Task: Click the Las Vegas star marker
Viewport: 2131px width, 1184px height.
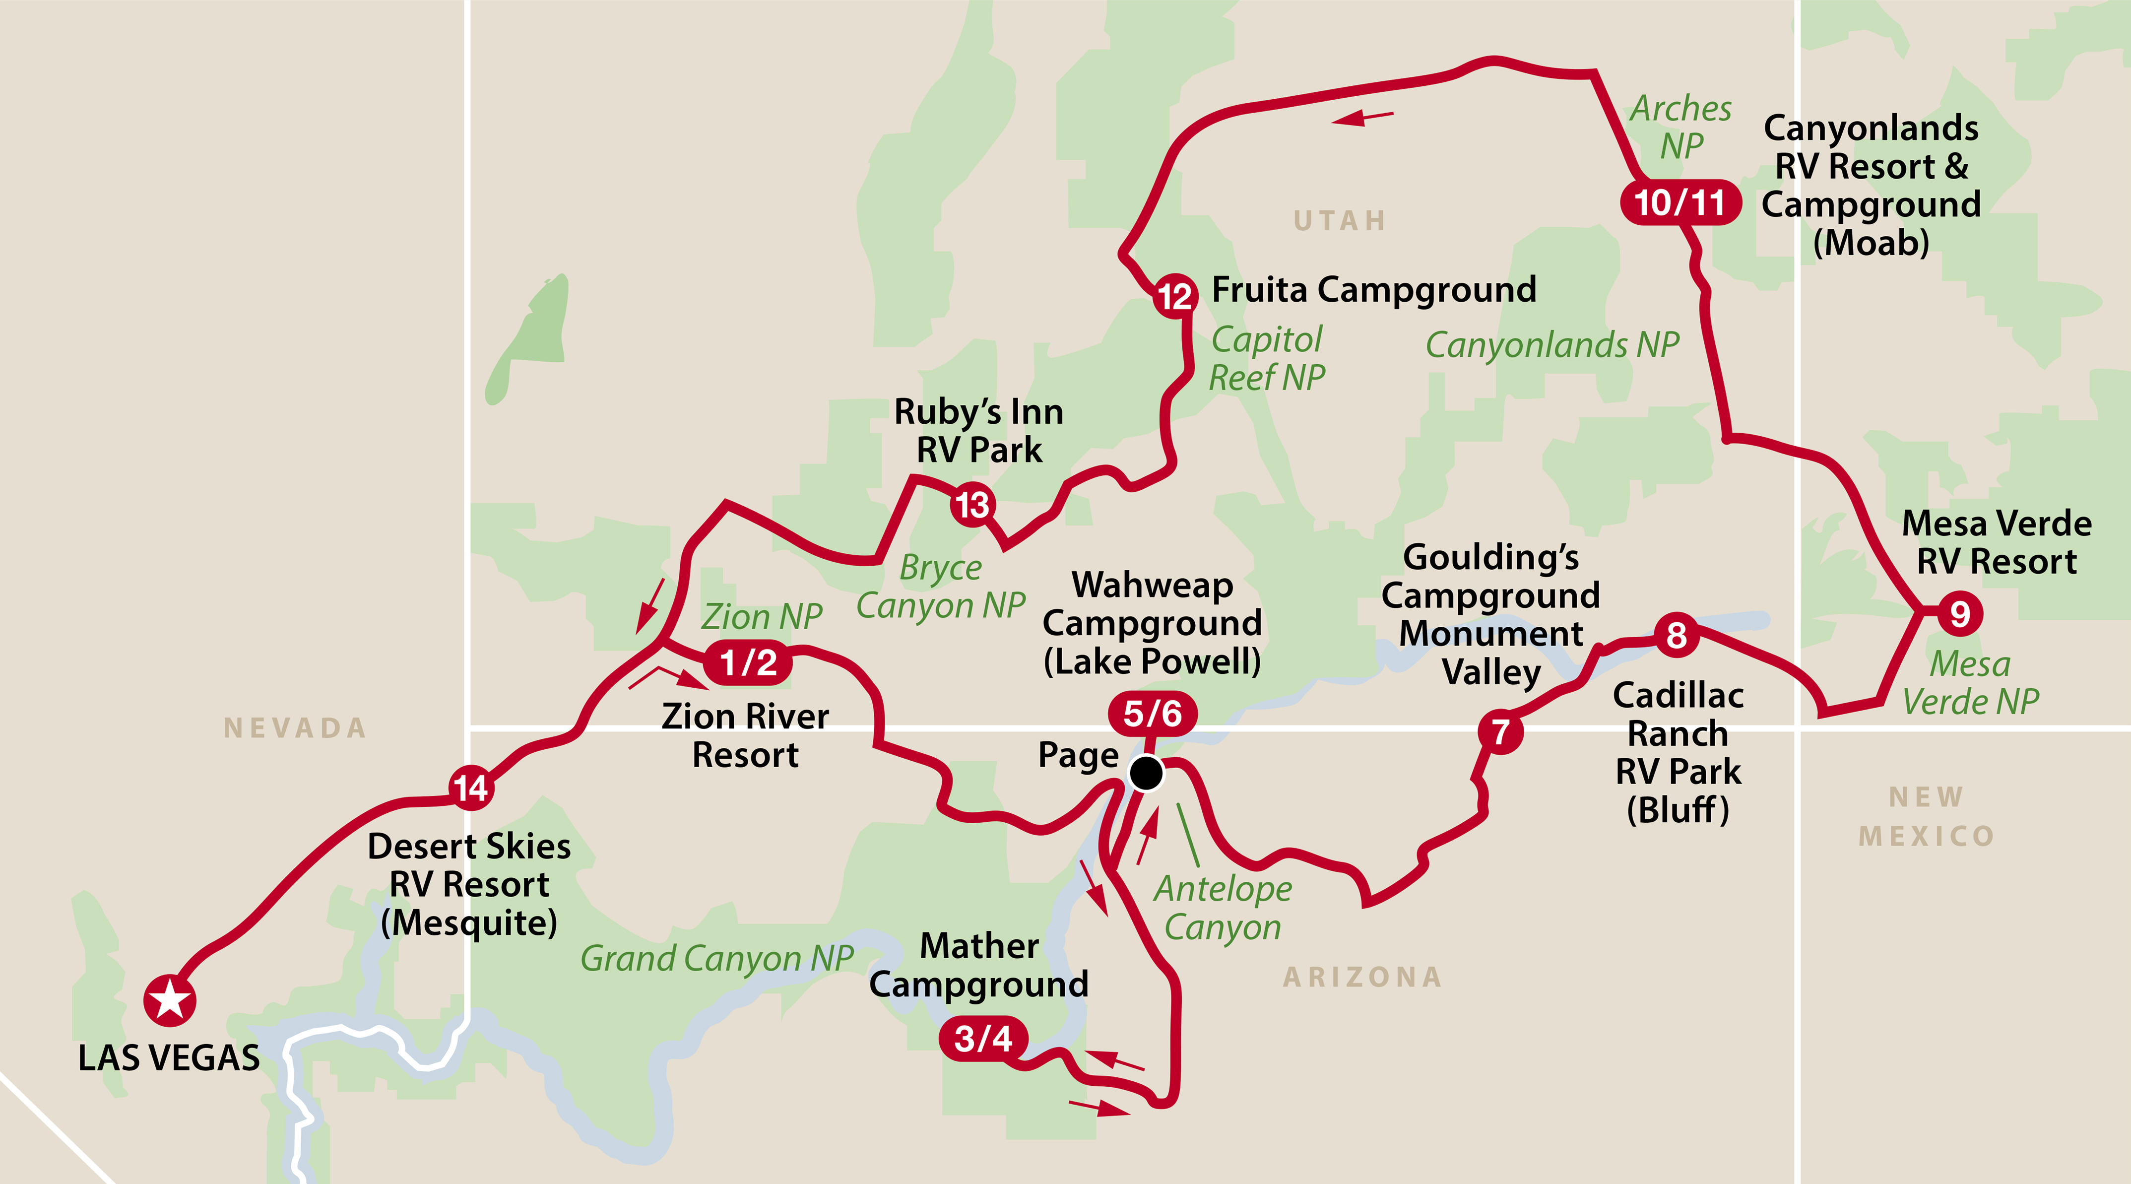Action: [170, 999]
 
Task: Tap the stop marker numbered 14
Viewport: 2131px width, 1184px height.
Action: [471, 787]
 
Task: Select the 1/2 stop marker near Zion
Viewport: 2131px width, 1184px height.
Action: [748, 662]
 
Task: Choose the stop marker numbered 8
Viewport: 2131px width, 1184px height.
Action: [1676, 636]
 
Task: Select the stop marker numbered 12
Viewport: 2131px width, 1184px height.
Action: [1175, 295]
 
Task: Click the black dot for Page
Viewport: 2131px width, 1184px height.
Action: [1146, 774]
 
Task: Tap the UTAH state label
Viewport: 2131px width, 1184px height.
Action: [1339, 221]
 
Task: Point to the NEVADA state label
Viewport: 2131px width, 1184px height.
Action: [295, 728]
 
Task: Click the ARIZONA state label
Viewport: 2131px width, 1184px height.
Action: [1361, 977]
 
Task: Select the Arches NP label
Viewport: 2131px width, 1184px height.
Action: [1681, 127]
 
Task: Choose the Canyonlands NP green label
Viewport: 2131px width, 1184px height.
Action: [1552, 345]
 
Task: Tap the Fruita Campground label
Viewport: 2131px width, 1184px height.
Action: [1373, 290]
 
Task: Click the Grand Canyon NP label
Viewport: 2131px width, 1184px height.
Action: [716, 958]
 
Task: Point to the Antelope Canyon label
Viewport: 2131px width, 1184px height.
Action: [1223, 908]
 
